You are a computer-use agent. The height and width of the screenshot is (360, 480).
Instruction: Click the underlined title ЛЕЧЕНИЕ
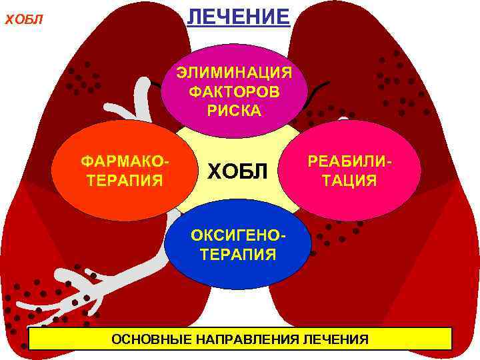pyautogui.click(x=238, y=15)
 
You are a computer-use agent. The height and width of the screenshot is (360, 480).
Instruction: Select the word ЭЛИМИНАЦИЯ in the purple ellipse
pyautogui.click(x=234, y=72)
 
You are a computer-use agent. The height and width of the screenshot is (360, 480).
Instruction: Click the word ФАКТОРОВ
pyautogui.click(x=234, y=91)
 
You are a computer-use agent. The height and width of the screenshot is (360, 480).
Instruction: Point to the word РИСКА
pyautogui.click(x=234, y=109)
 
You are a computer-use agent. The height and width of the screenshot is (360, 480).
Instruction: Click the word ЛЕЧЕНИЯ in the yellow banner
pyautogui.click(x=335, y=340)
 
